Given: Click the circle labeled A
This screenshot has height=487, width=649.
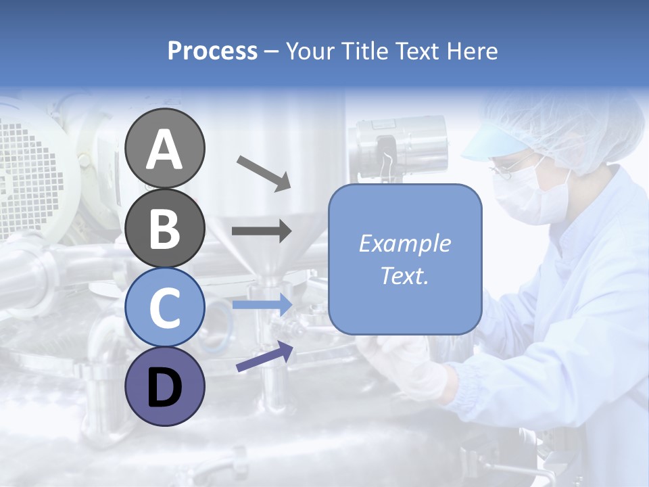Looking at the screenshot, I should (165, 149).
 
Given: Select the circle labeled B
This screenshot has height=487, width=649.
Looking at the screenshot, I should (165, 229).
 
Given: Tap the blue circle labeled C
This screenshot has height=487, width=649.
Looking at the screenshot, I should (165, 308).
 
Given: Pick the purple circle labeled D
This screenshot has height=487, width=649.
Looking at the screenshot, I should (165, 387).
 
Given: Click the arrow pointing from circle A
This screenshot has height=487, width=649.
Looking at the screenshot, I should (263, 172).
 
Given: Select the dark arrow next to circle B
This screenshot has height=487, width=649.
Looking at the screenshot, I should (262, 231).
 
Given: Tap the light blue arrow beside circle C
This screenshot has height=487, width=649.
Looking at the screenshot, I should (262, 304).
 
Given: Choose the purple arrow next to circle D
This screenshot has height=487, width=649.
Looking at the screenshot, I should (264, 357).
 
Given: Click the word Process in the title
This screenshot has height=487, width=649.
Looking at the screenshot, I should (212, 51).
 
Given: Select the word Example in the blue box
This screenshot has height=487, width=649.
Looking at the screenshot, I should (404, 243).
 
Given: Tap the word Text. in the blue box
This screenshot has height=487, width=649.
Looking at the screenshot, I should (404, 275).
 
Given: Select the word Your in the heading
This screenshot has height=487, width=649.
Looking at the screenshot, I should (309, 51).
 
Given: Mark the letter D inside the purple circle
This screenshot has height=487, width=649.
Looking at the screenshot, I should (165, 388).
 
